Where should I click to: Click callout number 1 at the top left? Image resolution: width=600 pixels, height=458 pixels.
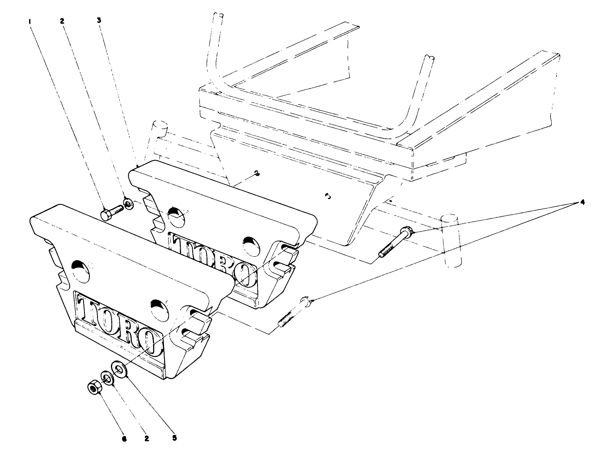(x=30, y=21)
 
